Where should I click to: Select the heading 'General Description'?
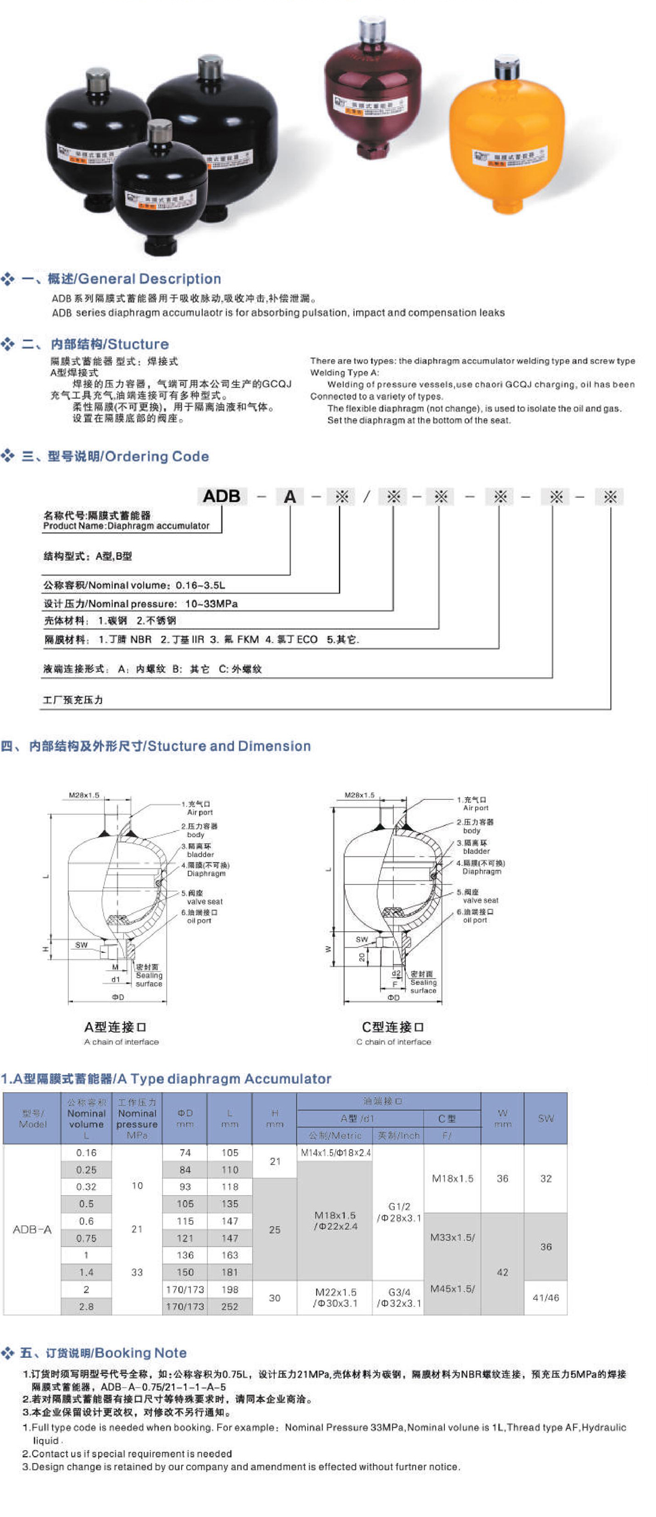150,279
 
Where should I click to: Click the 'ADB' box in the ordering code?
221,496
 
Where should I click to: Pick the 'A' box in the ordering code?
290,496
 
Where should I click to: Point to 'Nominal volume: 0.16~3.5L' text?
134,585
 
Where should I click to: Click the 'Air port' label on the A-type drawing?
200,812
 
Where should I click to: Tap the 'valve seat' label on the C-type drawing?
481,900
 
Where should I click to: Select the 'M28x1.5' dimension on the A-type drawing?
84,795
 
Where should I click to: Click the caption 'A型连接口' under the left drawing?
116,1027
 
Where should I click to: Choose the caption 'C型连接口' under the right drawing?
393,1027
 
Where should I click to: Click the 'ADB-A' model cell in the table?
32,1229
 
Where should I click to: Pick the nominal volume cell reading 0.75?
86,1238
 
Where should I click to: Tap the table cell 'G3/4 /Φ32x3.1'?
399,1298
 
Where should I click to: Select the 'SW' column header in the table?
546,1118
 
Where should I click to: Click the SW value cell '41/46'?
546,1297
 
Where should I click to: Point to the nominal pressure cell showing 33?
137,1272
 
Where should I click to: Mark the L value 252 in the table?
230,1306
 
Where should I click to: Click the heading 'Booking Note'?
140,1353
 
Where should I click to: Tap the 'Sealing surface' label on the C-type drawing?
423,986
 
